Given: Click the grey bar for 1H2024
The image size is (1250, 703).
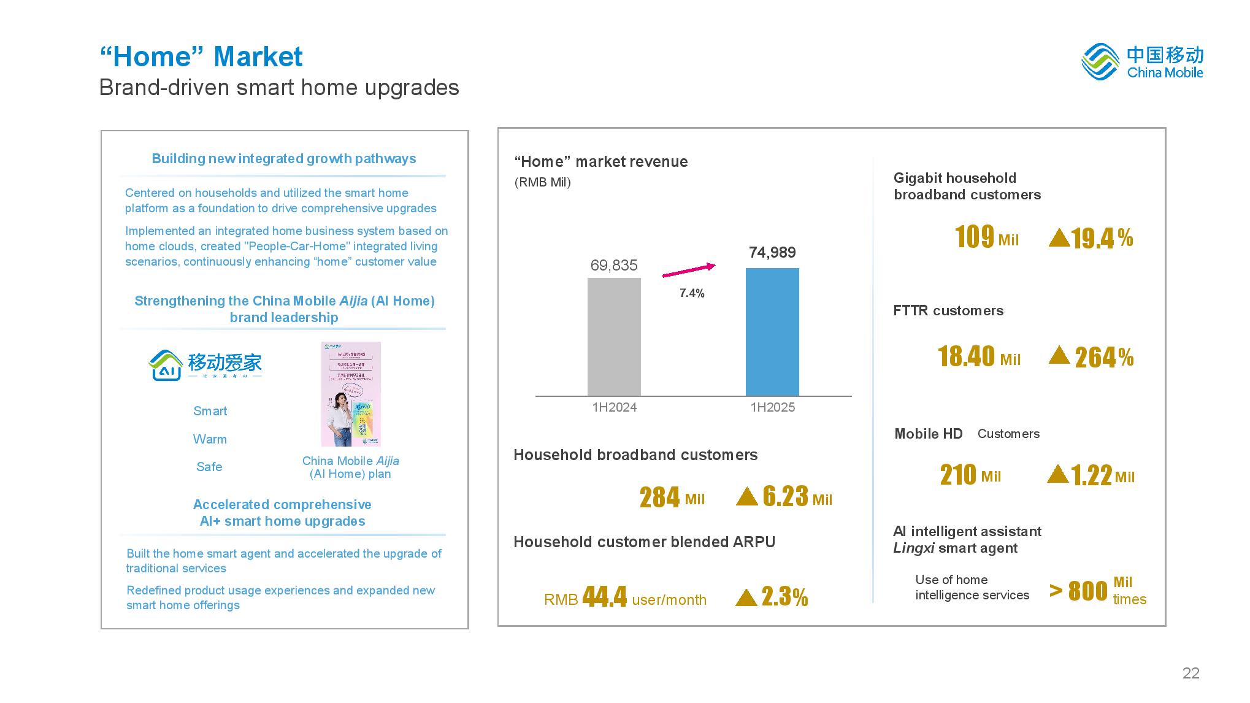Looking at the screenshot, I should coord(614,337).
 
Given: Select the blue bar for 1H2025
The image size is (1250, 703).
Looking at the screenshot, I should coord(772,332).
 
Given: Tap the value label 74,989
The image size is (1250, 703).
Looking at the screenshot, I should coord(772,252).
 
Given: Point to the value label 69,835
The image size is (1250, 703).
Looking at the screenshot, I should coord(614,265).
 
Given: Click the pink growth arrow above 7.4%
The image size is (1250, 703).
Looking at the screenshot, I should coord(689,271).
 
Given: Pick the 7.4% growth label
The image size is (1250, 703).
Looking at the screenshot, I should coord(692,293).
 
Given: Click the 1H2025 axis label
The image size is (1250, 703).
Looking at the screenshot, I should coord(772,407).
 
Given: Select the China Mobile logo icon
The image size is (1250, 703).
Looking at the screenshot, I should coord(1100,61).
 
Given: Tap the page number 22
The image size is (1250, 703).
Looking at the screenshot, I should coord(1191,673).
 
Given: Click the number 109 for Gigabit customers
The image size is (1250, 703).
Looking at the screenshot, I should coord(974,237).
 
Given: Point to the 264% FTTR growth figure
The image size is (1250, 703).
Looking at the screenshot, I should coord(1104,358).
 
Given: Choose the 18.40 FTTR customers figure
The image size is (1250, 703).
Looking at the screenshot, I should coord(966,356).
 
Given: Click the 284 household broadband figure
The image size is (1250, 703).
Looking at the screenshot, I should coord(659,497).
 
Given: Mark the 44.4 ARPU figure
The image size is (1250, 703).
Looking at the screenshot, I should coord(604,596).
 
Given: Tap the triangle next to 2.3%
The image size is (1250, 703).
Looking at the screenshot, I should coord(746,597).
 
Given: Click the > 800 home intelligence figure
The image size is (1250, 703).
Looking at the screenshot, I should coord(1079,591).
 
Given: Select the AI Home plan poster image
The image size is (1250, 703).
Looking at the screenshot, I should coord(351,394).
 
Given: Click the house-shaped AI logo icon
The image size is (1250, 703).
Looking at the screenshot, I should coord(166,366).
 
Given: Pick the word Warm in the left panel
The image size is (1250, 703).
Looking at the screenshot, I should coord(210,439).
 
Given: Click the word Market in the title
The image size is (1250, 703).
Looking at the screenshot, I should coord(258,57).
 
